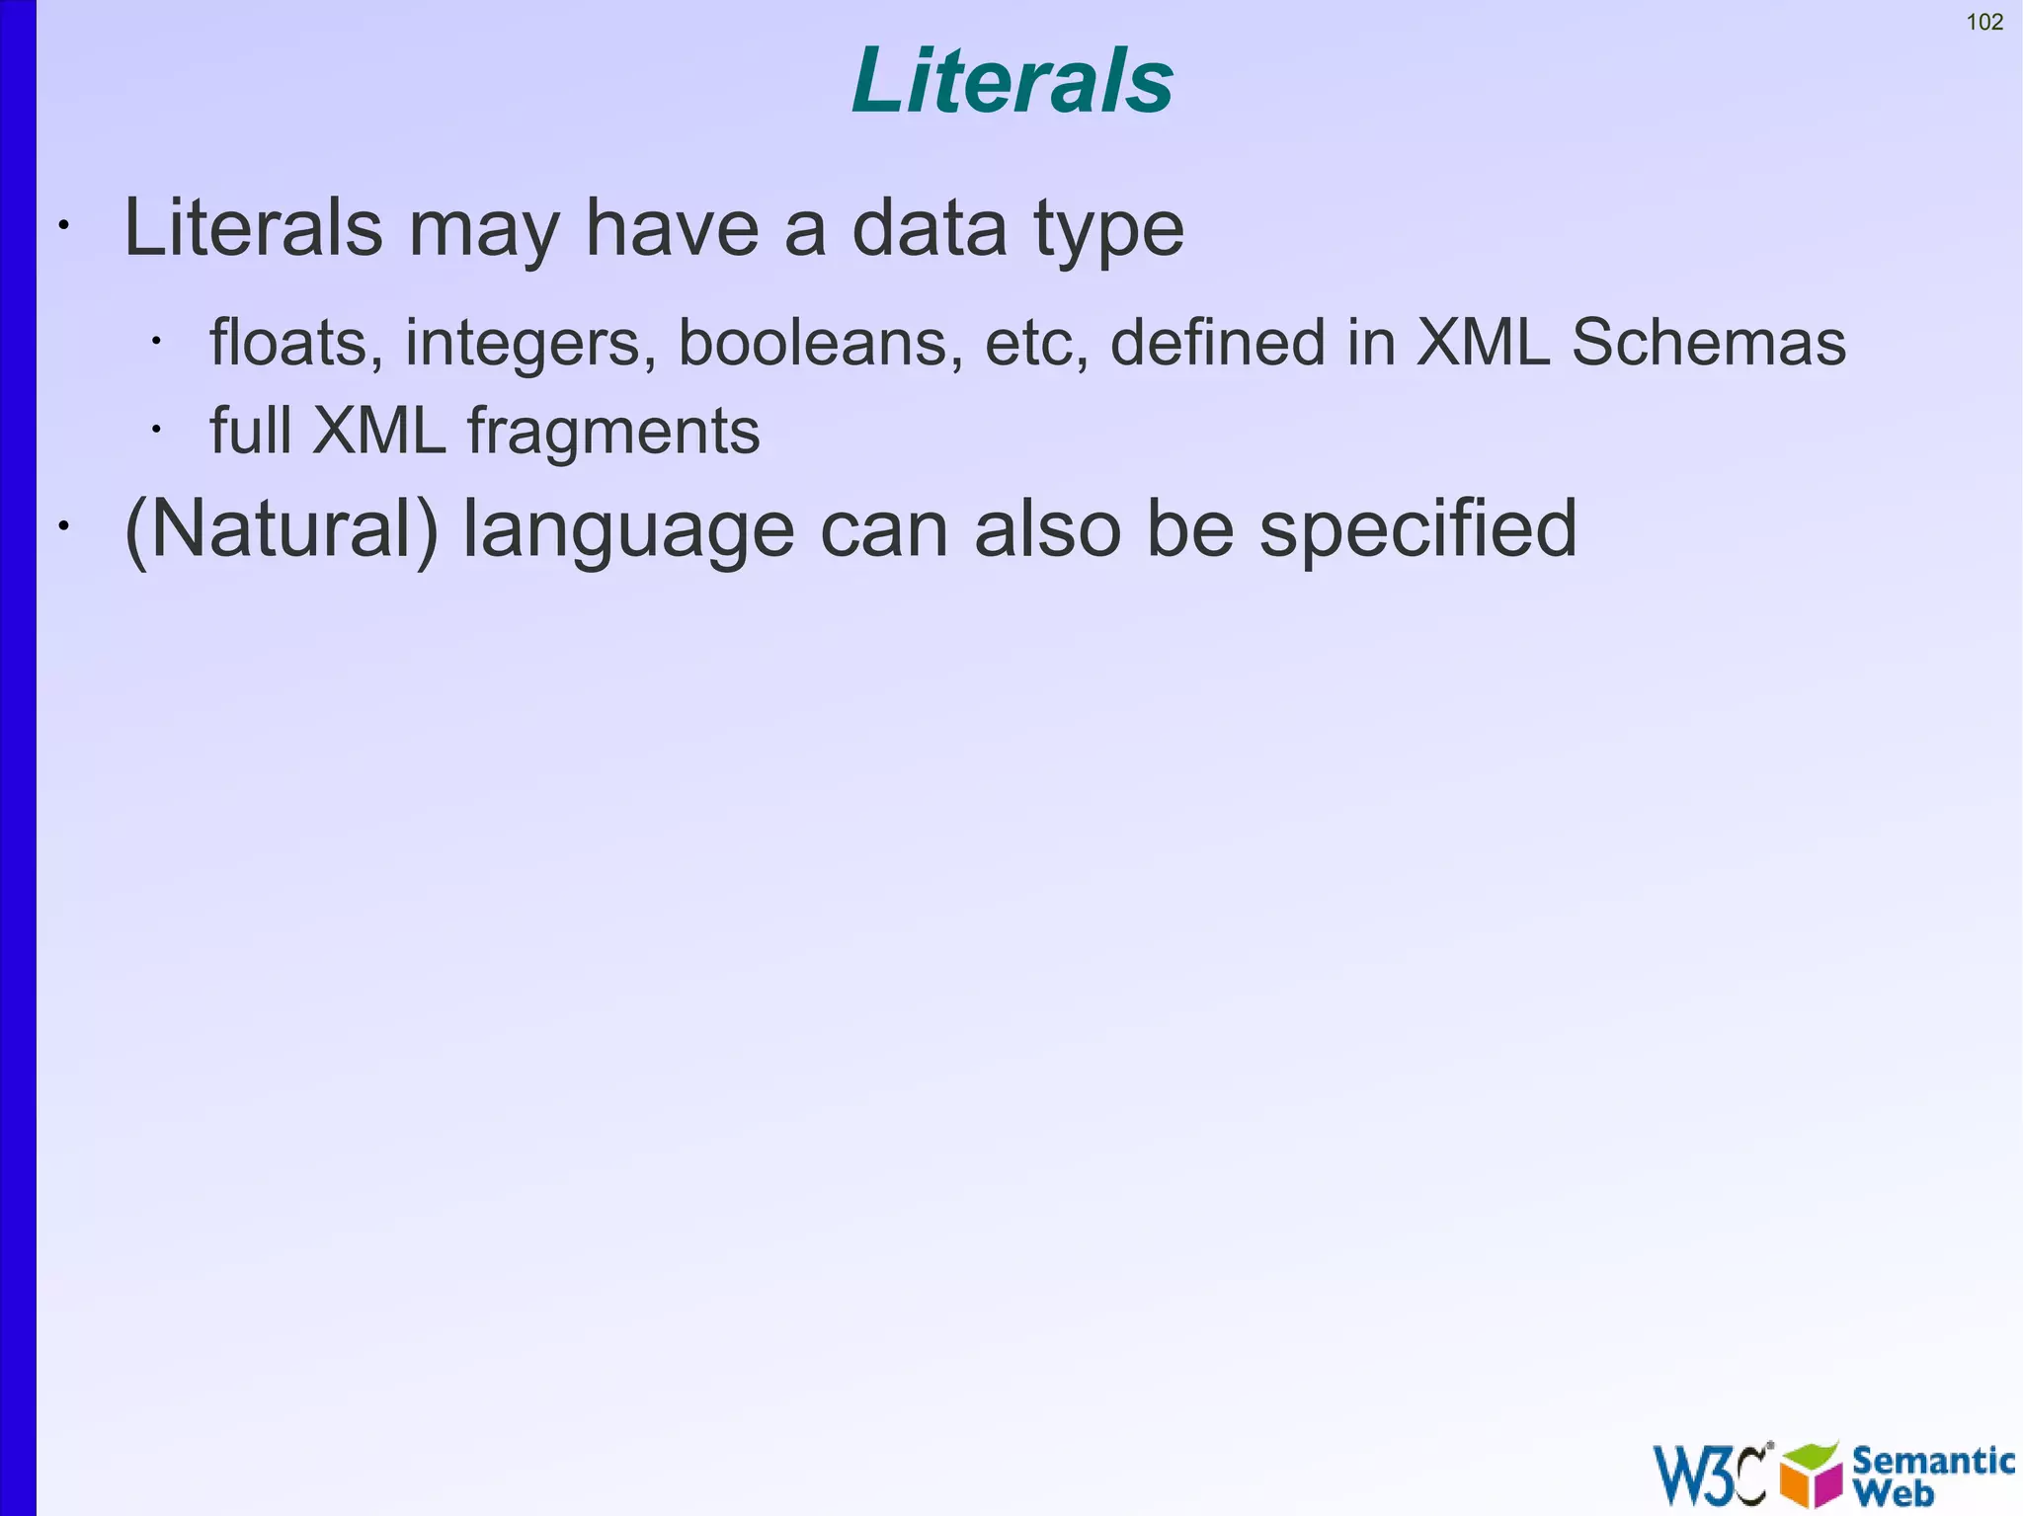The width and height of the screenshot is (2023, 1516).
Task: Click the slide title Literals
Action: [x=1011, y=81]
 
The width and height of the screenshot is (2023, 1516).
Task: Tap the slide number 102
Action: [x=1984, y=22]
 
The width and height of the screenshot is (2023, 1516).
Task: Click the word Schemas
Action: [x=1708, y=343]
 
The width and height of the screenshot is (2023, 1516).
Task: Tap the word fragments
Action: [x=612, y=432]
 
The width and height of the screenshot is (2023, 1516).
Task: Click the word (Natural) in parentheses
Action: [x=281, y=529]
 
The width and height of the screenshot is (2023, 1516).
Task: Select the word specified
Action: [x=1417, y=529]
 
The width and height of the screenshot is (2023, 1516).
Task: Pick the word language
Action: [x=628, y=529]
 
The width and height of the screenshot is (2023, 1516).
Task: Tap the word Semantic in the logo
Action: [x=1932, y=1461]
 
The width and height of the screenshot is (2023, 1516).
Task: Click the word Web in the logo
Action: [x=1893, y=1492]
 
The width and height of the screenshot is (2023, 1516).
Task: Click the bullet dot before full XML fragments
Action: [x=156, y=430]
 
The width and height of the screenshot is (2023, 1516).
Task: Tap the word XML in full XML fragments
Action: [x=378, y=432]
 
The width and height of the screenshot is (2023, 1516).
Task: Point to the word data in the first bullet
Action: [x=929, y=229]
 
